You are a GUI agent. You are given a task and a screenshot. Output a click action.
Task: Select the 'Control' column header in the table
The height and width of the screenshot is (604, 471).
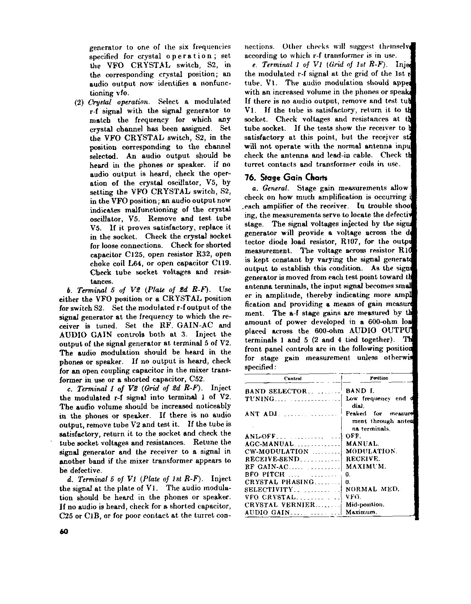[x=293, y=378]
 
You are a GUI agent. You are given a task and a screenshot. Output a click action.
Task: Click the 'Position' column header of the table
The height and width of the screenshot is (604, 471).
[x=379, y=378]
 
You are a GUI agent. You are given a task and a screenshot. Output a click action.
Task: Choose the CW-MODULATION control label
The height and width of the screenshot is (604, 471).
[x=277, y=451]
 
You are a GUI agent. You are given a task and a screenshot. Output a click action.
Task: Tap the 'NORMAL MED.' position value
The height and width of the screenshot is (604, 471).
[x=372, y=489]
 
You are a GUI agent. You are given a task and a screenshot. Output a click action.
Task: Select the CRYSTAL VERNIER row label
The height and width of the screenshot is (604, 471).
[x=280, y=505]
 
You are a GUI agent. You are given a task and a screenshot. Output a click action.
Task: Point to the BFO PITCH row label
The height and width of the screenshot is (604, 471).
[x=265, y=474]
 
